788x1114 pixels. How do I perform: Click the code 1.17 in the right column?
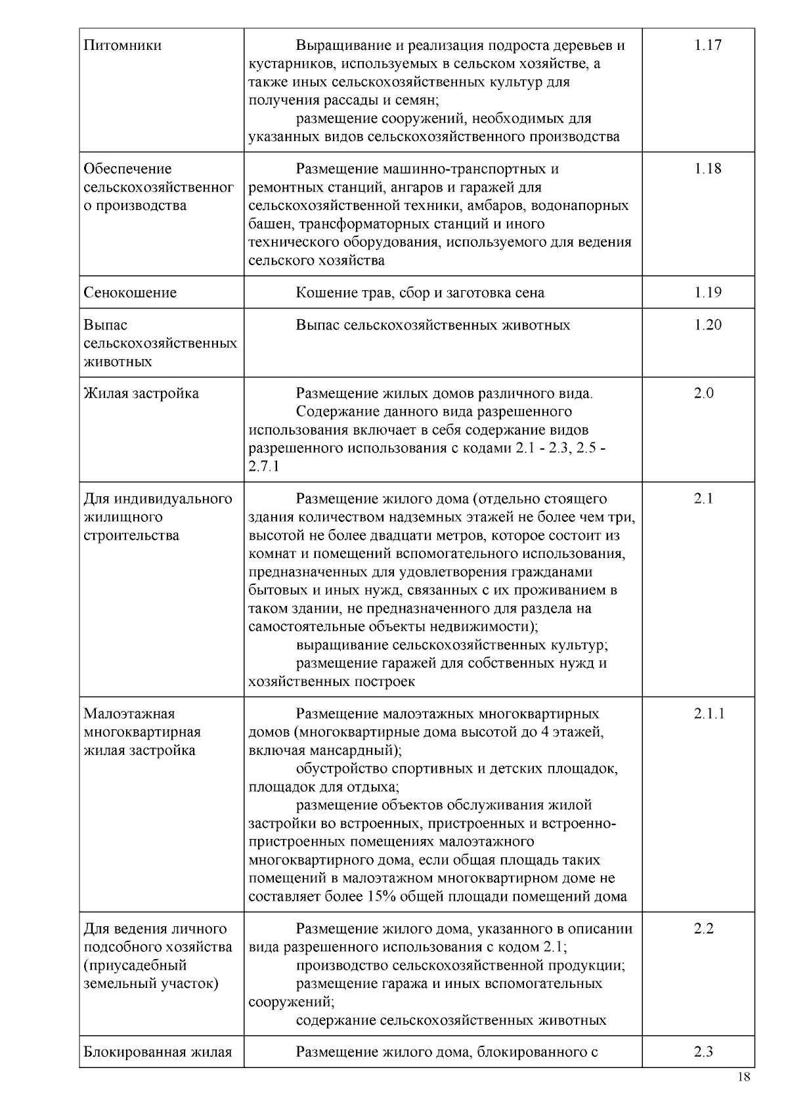click(707, 45)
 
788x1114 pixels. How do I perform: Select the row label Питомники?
click(123, 45)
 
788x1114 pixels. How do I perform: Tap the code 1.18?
click(707, 169)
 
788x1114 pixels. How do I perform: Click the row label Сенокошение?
click(130, 293)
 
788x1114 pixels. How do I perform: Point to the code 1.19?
click(707, 293)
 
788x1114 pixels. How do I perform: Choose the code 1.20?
click(707, 325)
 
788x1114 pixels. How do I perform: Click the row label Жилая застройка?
click(141, 394)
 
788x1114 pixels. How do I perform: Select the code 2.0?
click(704, 394)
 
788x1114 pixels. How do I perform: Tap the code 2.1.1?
click(709, 714)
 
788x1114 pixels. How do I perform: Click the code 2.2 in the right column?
click(703, 929)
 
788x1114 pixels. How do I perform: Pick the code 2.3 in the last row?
click(703, 1052)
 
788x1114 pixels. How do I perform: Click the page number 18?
click(744, 1077)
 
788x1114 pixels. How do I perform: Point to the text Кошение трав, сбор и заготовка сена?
click(420, 293)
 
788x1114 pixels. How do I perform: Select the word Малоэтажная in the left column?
click(129, 714)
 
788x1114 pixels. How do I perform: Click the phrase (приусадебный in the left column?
click(135, 966)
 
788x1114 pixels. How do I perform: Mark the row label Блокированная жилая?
click(158, 1052)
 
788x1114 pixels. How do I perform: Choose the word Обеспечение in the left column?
click(127, 169)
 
